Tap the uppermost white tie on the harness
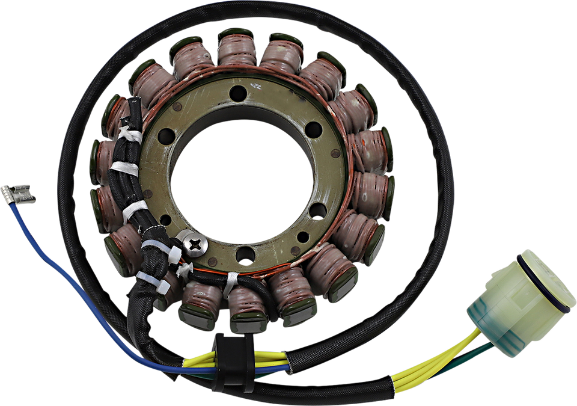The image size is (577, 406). click(x=131, y=134)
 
